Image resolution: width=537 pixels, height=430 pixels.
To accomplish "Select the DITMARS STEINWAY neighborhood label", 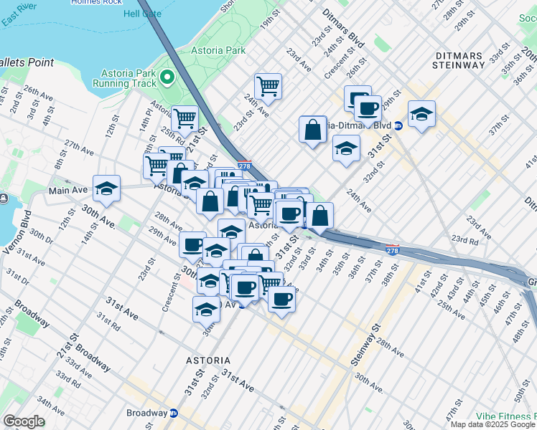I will [x=459, y=60].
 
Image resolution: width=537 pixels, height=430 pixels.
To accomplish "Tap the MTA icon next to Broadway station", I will [x=174, y=414].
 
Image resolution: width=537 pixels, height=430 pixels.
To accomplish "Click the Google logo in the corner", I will [x=24, y=421].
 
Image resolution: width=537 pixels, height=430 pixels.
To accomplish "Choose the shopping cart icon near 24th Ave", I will [x=268, y=87].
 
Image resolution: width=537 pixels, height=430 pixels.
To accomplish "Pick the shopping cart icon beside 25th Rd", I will [x=185, y=118].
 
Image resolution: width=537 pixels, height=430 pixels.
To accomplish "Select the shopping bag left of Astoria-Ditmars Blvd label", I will [x=313, y=130].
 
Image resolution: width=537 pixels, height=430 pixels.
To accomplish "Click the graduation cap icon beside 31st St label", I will [x=346, y=148].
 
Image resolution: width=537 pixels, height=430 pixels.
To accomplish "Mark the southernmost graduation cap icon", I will [x=206, y=308].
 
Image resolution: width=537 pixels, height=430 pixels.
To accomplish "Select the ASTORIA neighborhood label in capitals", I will [x=208, y=360].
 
